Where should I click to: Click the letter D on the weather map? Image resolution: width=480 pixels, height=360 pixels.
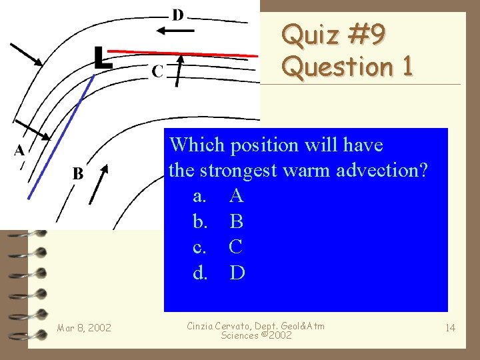point(178,15)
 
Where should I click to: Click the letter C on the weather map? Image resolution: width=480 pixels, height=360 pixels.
point(157,71)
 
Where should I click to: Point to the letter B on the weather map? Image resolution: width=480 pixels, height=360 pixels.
point(77,174)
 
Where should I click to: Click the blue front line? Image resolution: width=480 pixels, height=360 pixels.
point(60,133)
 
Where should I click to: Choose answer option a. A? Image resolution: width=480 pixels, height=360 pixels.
point(217,196)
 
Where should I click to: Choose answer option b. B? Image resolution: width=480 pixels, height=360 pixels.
point(217,221)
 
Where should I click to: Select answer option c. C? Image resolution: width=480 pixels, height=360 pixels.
point(217,247)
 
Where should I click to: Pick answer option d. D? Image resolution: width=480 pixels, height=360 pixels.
point(217,273)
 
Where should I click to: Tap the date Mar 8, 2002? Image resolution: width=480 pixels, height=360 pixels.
point(84,327)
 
